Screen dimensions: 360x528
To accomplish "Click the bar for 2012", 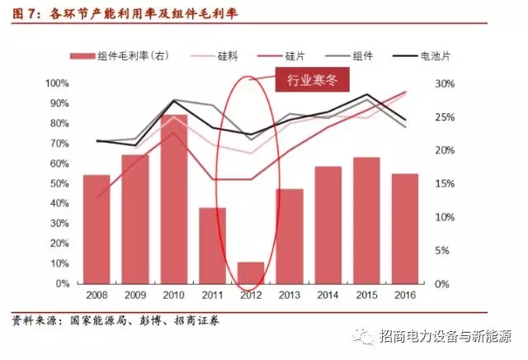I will [x=252, y=272].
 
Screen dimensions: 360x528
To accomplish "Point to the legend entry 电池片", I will [x=422, y=55].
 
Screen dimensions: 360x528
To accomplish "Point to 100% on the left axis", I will [x=56, y=84].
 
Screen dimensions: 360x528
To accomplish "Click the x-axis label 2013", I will [x=290, y=295].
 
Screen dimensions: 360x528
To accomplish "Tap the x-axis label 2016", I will [x=406, y=295].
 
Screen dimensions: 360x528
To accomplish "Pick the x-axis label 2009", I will [x=134, y=295].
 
